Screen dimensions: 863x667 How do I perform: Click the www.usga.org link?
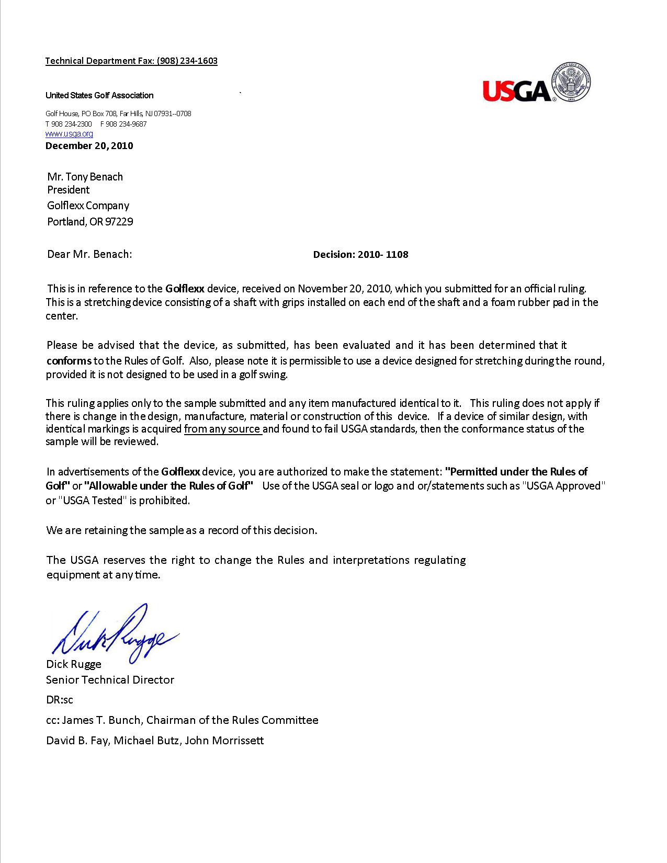tap(69, 134)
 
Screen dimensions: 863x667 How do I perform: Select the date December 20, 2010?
tap(89, 146)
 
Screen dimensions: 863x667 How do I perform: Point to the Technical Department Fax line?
tap(131, 61)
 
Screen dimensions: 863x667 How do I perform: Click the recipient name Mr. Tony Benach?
tap(85, 177)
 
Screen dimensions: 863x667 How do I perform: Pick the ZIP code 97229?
tap(119, 222)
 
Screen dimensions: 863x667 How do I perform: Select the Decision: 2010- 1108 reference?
tap(360, 255)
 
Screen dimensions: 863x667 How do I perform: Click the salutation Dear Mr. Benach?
tap(89, 254)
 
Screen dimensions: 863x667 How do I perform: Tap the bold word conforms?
tap(69, 361)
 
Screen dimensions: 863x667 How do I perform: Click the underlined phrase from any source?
tap(222, 429)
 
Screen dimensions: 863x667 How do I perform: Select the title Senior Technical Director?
tap(110, 680)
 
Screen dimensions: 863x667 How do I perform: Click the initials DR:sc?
tap(60, 700)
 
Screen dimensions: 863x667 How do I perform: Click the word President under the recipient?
tap(69, 190)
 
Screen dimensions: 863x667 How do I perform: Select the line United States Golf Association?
tap(99, 95)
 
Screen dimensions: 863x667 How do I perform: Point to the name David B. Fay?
tap(77, 741)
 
